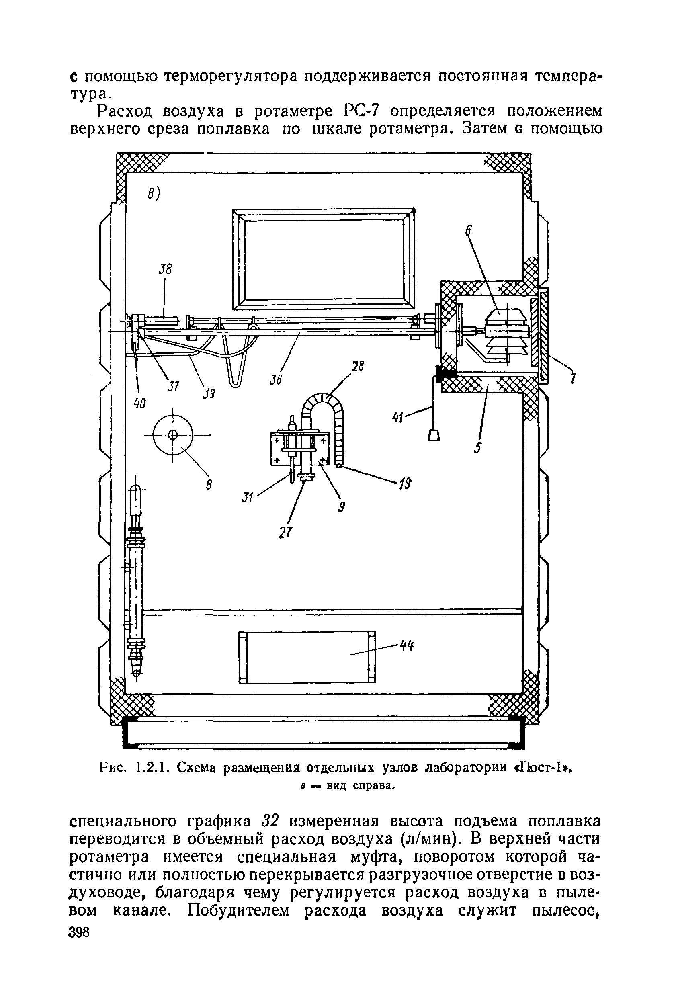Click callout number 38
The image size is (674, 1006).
[x=166, y=269]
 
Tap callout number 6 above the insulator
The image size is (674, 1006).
[x=468, y=231]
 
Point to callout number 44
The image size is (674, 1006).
[x=407, y=646]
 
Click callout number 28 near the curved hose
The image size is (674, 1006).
[x=358, y=367]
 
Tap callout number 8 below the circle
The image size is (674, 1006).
[x=209, y=485]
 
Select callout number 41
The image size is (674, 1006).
[x=397, y=417]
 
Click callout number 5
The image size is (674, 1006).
[x=477, y=448]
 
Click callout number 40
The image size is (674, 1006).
[x=140, y=404]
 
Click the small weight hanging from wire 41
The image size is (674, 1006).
[x=434, y=435]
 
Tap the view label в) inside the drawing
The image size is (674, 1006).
[x=153, y=195]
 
